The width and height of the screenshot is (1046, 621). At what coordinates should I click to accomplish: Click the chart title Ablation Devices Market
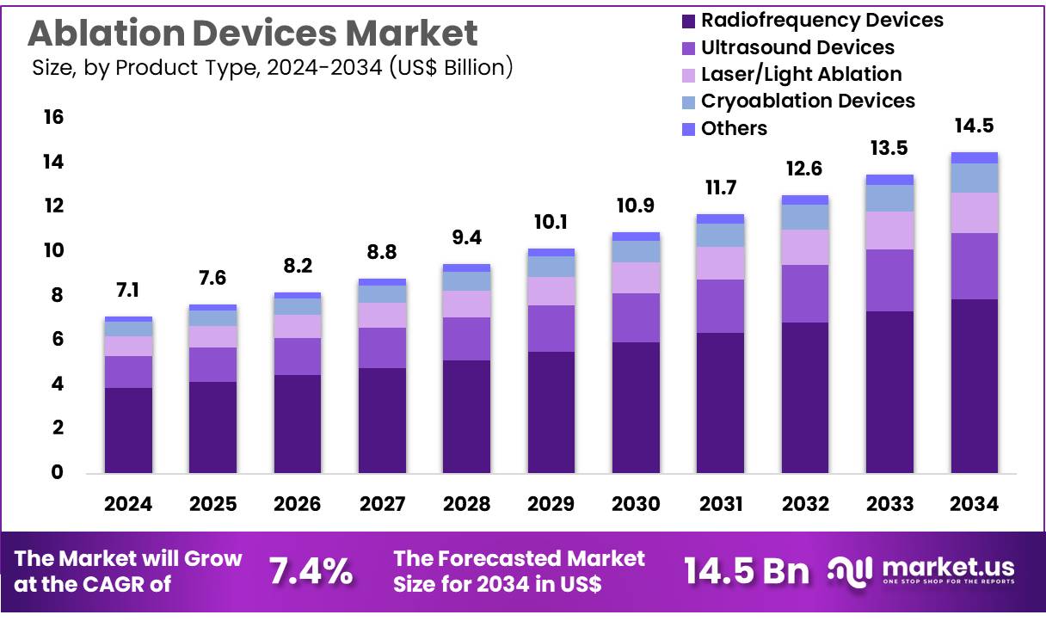[252, 33]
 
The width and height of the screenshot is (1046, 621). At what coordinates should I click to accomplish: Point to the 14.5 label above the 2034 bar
[974, 126]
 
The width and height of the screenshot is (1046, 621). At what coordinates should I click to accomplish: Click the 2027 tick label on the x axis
[382, 504]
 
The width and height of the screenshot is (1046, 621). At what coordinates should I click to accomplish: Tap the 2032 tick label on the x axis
[805, 504]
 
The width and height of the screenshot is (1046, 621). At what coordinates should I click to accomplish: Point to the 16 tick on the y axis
[53, 118]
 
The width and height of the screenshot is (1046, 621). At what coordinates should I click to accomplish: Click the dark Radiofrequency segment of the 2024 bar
[128, 430]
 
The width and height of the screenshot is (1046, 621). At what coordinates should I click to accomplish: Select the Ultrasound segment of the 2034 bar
[974, 266]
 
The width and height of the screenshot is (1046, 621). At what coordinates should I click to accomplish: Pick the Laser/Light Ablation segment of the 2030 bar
[636, 278]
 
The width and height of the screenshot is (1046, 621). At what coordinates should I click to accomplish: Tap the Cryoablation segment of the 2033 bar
[889, 198]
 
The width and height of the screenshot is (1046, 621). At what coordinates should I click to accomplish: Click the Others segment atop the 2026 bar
[298, 295]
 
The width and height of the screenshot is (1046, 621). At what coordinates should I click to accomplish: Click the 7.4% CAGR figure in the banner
[311, 571]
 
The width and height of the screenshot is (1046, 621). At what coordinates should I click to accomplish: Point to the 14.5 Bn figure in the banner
[746, 571]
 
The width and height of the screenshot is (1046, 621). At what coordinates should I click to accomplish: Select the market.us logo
[921, 571]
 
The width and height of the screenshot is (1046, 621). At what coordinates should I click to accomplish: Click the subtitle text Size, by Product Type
[272, 67]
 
